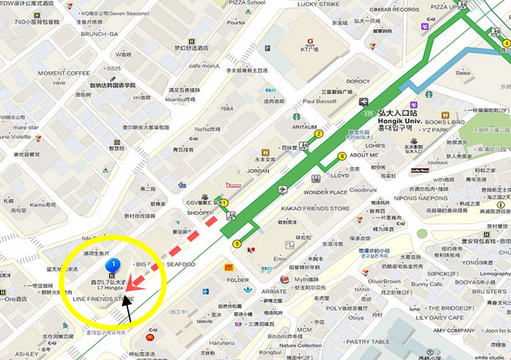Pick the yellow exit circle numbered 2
[319, 134]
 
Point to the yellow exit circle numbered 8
[342, 155]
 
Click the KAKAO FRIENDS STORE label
[317, 208]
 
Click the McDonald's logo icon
[150, 337]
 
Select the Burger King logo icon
[284, 279]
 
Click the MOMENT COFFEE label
[64, 73]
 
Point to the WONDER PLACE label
[326, 192]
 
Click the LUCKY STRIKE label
[319, 4]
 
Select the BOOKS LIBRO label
[444, 122]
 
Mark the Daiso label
[463, 73]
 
